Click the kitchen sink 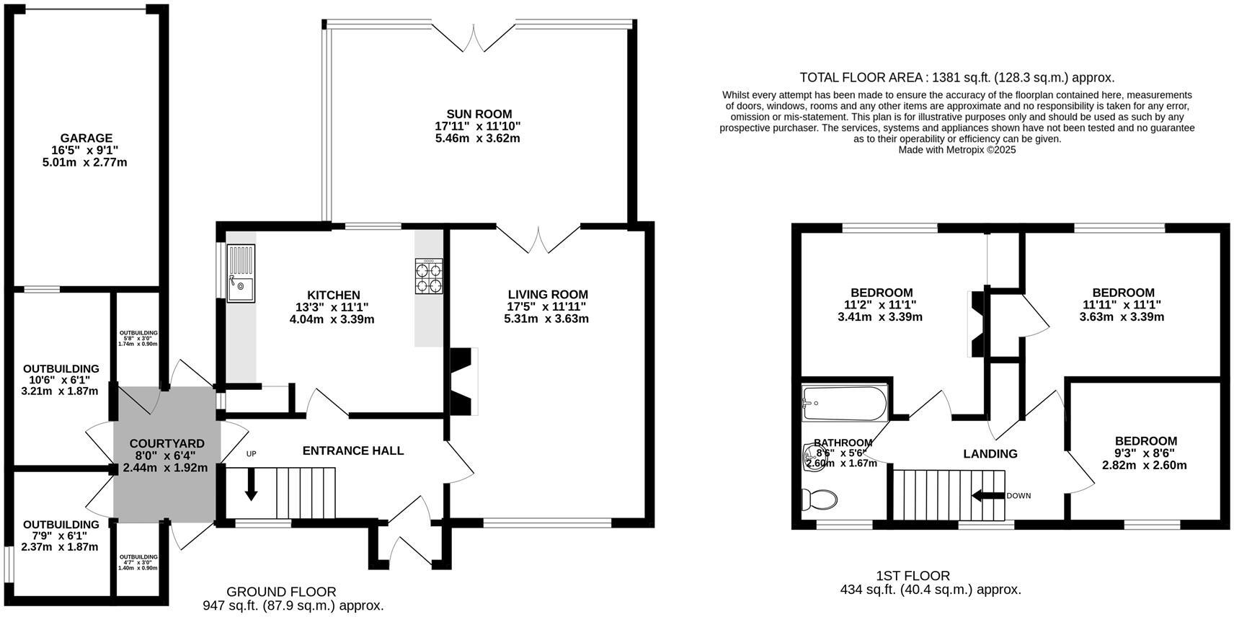click(x=241, y=274)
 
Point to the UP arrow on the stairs click(x=251, y=484)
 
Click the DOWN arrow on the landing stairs click(x=988, y=495)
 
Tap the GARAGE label click(x=86, y=138)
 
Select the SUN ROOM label click(x=479, y=114)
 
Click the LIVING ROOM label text click(x=548, y=294)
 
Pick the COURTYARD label click(x=167, y=443)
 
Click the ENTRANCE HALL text click(x=352, y=450)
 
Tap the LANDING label click(x=990, y=453)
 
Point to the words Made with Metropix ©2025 click(x=956, y=150)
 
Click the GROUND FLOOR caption click(x=281, y=592)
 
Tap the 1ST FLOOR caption click(x=913, y=576)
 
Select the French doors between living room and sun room click(x=538, y=239)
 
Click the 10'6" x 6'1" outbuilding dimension click(x=61, y=380)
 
